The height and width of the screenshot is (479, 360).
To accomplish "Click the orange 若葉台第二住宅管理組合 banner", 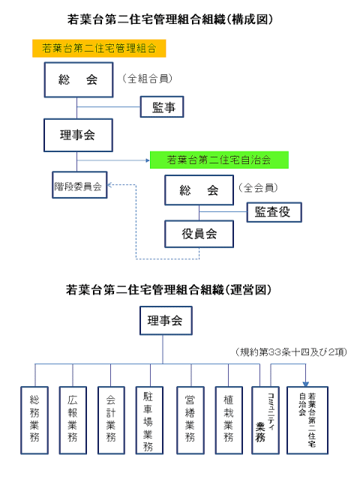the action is pyautogui.click(x=99, y=48).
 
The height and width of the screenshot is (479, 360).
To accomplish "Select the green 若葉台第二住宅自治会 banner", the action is pyautogui.click(x=219, y=160).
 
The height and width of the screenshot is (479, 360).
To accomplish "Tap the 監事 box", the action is pyautogui.click(x=162, y=107).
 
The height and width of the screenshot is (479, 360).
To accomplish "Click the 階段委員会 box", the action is pyautogui.click(x=79, y=185).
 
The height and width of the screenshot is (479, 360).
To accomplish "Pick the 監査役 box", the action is pyautogui.click(x=274, y=212).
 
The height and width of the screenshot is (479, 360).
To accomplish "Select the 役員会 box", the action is pyautogui.click(x=199, y=234).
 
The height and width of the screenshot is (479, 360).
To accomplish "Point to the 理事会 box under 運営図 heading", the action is pyautogui.click(x=166, y=321).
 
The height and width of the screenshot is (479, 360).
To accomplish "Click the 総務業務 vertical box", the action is pyautogui.click(x=34, y=421).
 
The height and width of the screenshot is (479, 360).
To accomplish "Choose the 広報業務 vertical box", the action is pyautogui.click(x=73, y=421).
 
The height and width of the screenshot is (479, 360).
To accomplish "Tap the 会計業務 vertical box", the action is pyautogui.click(x=111, y=421).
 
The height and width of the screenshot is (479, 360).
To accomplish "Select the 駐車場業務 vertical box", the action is pyautogui.click(x=149, y=421).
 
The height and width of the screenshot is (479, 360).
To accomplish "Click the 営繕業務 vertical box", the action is pyautogui.click(x=190, y=421).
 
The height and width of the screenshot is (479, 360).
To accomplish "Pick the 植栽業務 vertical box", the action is pyautogui.click(x=229, y=421).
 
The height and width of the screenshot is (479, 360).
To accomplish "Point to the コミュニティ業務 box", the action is pyautogui.click(x=265, y=421).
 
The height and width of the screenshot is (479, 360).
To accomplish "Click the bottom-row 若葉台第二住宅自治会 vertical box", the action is pyautogui.click(x=307, y=421).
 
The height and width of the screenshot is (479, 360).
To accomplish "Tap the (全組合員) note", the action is pyautogui.click(x=148, y=79).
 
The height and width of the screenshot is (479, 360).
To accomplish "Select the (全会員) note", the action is pyautogui.click(x=258, y=187).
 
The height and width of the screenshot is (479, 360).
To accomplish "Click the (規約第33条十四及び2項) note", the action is pyautogui.click(x=291, y=352).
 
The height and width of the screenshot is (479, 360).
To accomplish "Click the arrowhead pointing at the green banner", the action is pyautogui.click(x=148, y=160).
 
